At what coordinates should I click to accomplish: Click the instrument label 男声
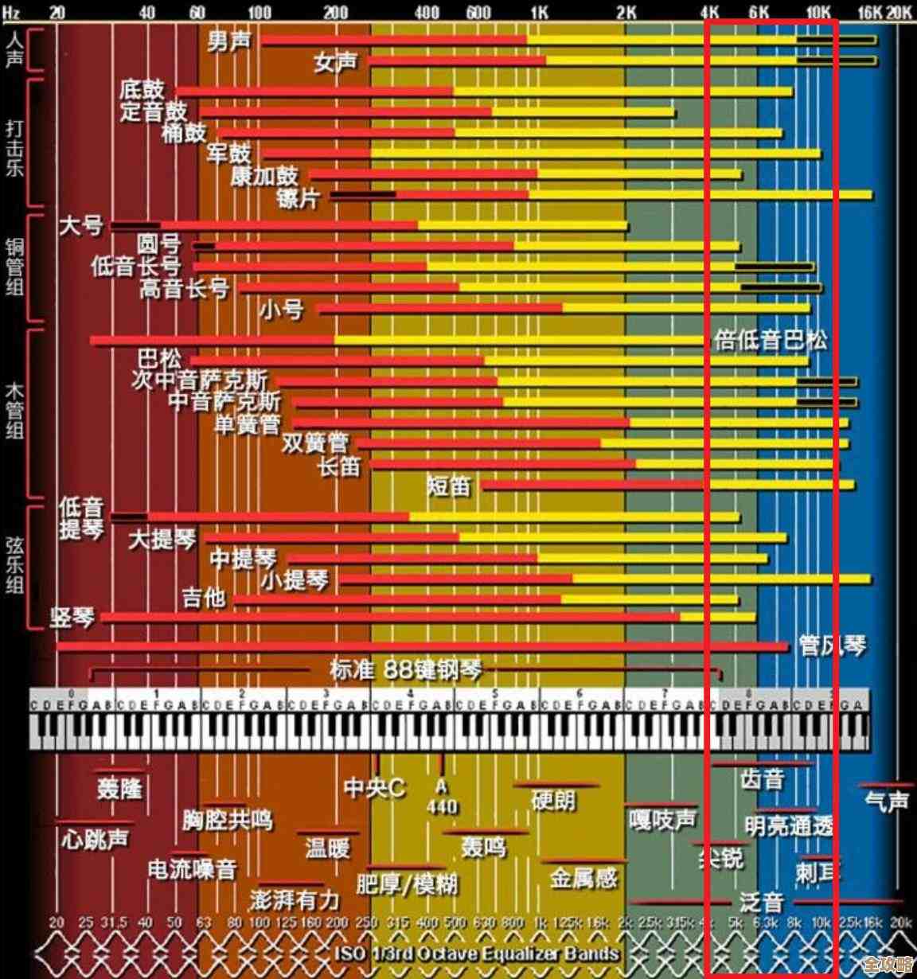[229, 41]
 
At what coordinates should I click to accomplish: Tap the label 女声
[335, 62]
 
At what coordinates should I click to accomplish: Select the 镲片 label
[299, 197]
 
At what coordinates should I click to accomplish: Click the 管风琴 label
[833, 645]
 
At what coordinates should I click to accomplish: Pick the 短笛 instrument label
[450, 485]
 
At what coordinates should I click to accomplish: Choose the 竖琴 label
[72, 617]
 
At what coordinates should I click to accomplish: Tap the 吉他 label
[205, 597]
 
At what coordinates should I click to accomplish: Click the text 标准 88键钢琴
[406, 669]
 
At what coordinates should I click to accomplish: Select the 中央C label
[374, 788]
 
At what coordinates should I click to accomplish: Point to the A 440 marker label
[442, 797]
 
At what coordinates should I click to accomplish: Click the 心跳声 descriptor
[95, 838]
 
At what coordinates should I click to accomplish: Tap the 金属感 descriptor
[583, 878]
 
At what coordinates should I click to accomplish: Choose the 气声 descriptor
[887, 801]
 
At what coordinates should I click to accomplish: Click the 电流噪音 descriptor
[193, 869]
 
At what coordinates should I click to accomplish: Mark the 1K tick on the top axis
[539, 13]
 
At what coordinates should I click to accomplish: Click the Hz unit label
[11, 13]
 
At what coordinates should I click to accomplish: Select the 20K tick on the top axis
[899, 13]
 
